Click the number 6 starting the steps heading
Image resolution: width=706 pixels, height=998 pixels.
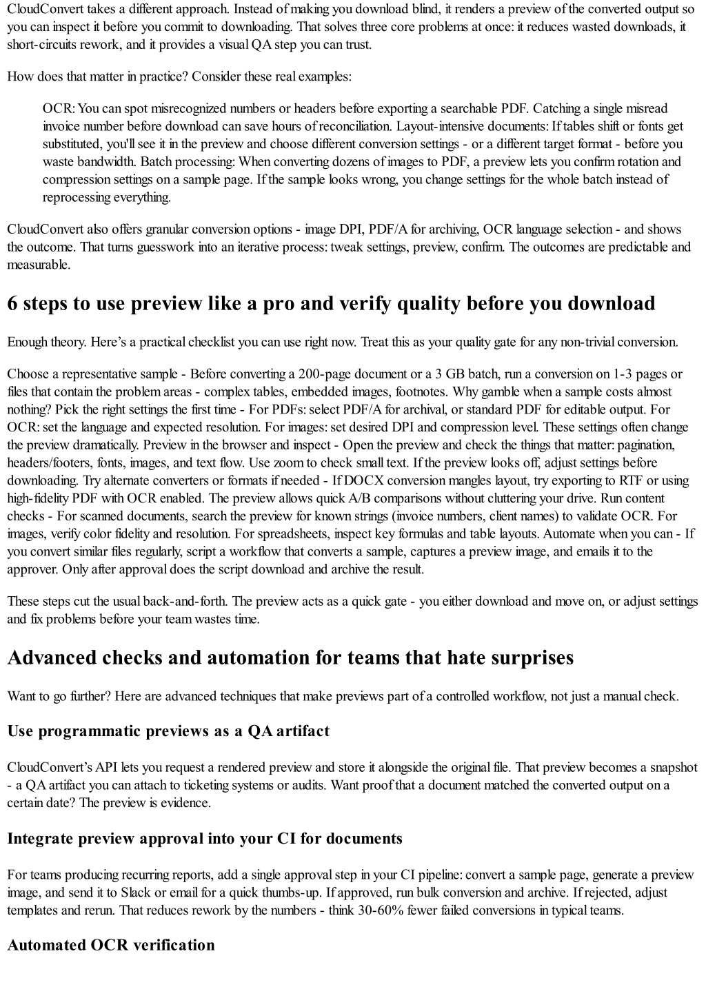pos(12,304)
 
